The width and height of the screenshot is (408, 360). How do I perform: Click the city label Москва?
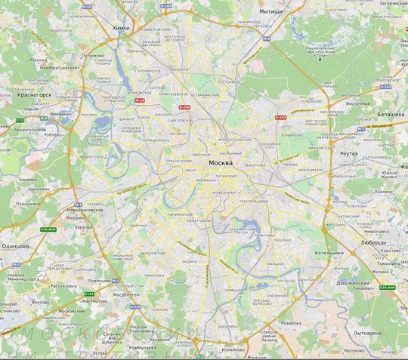point(221,163)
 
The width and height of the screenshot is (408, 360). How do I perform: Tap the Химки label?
point(121,28)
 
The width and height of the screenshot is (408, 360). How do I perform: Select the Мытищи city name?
point(271,12)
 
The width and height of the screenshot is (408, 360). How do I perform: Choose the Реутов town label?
point(349,153)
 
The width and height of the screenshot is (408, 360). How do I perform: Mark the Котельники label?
point(329,253)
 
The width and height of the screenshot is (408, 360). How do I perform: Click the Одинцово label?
point(15,246)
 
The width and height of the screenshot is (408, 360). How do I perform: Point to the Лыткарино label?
point(367,332)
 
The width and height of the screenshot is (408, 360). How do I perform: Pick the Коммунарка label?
point(143,347)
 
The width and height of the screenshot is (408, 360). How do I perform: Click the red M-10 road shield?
point(138,100)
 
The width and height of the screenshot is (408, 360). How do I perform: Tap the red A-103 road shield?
point(281,118)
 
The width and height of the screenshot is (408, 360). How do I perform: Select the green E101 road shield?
point(90,294)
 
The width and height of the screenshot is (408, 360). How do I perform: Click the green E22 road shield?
point(20,121)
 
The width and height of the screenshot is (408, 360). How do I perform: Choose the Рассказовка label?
point(63,286)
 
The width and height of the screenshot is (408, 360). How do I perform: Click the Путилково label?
point(93,55)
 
